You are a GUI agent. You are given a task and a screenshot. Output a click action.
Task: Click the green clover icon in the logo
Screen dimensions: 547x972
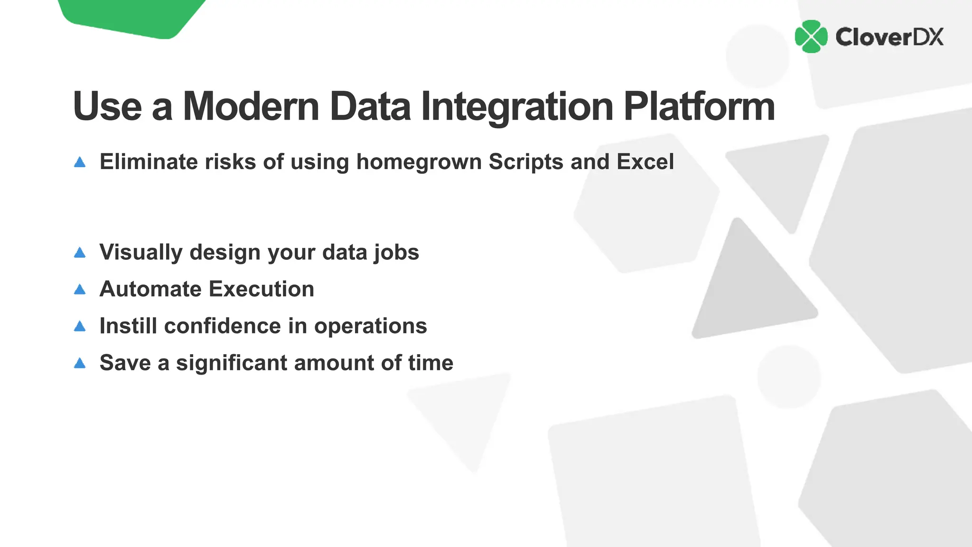(x=811, y=37)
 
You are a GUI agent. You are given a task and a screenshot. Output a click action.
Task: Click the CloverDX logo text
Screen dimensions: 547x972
(x=889, y=37)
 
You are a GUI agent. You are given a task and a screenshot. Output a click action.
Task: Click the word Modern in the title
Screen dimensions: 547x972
(x=251, y=106)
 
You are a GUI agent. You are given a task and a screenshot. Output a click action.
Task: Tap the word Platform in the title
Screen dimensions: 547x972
(x=699, y=106)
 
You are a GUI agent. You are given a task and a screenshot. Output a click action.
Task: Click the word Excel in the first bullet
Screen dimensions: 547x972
(x=645, y=162)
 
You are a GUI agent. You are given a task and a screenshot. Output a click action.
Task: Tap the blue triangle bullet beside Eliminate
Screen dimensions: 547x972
(x=80, y=162)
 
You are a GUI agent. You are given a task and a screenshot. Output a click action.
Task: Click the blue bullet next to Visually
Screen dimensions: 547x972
(x=80, y=253)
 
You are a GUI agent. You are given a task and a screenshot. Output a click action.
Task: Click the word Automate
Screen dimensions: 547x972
(x=150, y=289)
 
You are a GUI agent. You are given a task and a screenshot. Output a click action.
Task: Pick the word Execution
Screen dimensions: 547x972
(x=262, y=289)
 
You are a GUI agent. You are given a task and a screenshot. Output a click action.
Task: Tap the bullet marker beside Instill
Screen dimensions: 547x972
(x=80, y=326)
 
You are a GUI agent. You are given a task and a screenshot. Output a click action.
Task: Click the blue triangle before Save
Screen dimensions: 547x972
(x=80, y=363)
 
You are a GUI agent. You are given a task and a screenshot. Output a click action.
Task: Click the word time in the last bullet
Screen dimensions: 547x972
(x=430, y=363)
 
